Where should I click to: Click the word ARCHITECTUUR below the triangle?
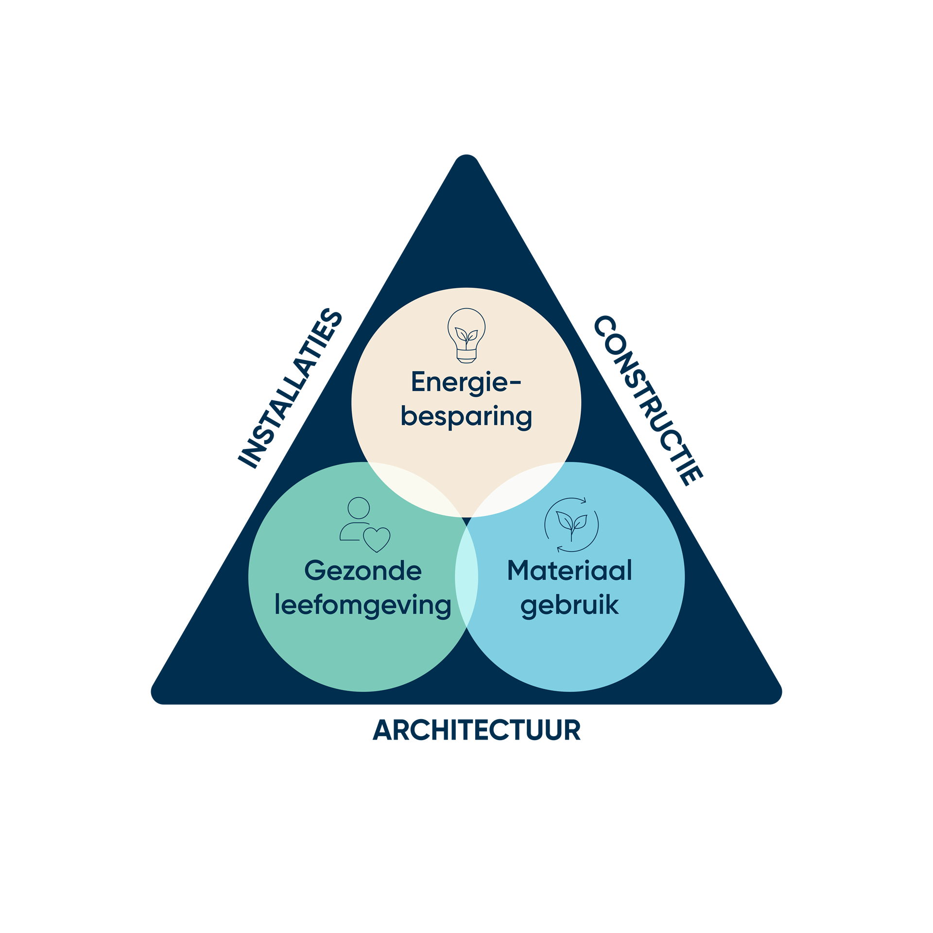476,730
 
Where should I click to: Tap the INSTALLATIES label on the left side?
291,389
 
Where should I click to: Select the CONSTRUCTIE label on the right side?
648,400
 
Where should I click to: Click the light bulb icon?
466,335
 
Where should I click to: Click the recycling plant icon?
571,525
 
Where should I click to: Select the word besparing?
466,417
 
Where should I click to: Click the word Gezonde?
363,570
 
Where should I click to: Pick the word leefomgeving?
363,605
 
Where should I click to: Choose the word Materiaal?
570,570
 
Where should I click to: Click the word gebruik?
570,605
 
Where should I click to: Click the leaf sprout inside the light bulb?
466,336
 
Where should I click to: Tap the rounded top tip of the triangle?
466,160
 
